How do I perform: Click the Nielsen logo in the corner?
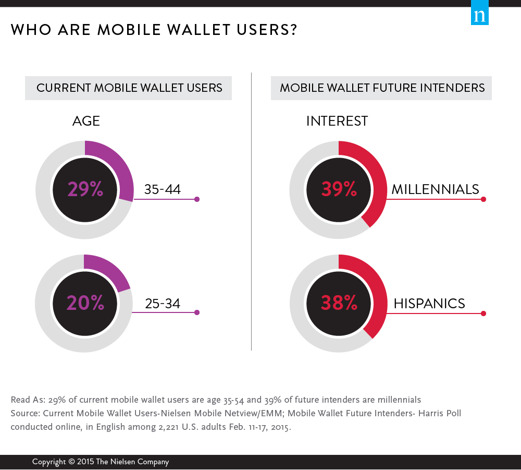480,16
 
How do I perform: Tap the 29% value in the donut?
85,189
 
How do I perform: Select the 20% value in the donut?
85,303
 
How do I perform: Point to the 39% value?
339,189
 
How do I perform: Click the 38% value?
339,303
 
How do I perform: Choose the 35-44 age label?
163,189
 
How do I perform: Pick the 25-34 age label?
163,303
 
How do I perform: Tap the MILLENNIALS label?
435,189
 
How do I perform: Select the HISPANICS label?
429,303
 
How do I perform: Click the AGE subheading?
86,121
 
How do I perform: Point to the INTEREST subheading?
337,121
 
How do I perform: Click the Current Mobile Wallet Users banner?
129,88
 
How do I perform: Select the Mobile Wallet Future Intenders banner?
381,88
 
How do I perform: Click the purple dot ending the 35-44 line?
196,199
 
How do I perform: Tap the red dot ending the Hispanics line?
483,314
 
